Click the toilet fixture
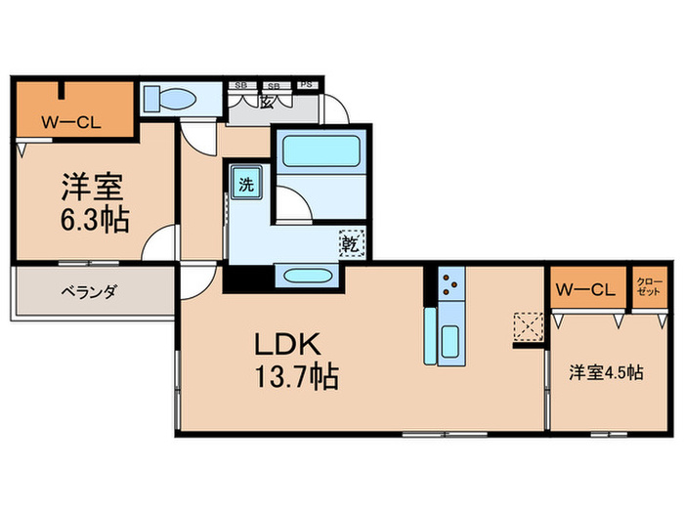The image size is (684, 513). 170,99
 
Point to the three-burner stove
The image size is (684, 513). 451,283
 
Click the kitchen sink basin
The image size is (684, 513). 450,342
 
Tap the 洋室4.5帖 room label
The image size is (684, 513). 607,371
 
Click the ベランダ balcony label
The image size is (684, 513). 90,290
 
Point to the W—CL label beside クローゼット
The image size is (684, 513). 585,289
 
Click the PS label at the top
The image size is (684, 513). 306,84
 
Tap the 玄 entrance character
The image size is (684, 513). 267,104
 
